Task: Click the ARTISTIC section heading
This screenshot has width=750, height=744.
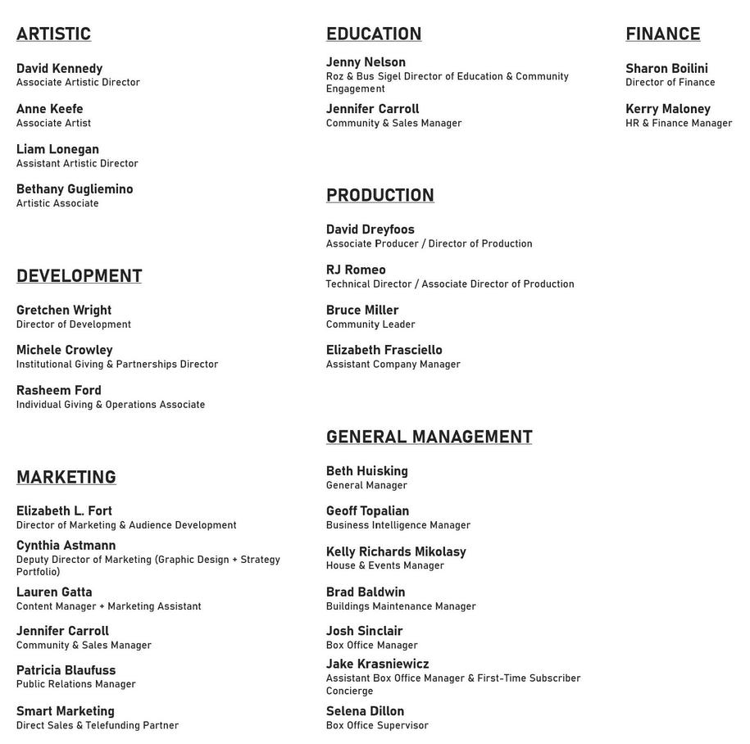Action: click(53, 34)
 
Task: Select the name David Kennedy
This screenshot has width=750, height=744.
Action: click(59, 68)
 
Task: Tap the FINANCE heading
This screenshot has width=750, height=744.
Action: click(662, 34)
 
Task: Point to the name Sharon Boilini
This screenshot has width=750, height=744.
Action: click(666, 68)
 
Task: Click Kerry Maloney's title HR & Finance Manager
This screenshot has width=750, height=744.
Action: click(679, 123)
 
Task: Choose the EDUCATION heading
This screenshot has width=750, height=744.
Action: click(374, 34)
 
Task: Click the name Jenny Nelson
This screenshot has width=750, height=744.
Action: click(366, 61)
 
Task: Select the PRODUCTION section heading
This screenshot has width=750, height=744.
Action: click(380, 195)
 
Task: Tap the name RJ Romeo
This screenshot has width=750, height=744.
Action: click(356, 270)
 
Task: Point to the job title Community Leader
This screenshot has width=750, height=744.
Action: click(370, 324)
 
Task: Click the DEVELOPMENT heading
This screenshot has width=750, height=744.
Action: click(79, 275)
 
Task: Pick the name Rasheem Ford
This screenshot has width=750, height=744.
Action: click(59, 390)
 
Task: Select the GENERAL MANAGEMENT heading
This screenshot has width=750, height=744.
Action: click(429, 437)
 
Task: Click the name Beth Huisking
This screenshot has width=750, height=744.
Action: click(366, 471)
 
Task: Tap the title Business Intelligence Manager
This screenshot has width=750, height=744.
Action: click(398, 525)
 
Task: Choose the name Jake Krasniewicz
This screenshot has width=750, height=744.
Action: click(377, 664)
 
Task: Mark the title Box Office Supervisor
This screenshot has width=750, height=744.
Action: click(377, 725)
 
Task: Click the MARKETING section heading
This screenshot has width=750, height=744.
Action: click(66, 477)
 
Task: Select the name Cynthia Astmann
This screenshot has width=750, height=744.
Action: click(66, 545)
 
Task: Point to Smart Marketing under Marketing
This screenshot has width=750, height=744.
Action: click(66, 710)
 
